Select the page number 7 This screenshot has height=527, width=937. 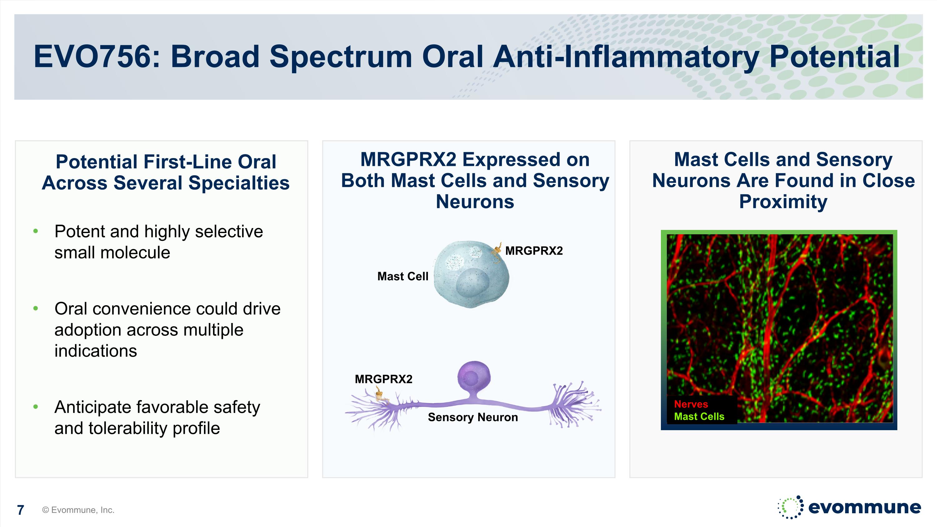pyautogui.click(x=21, y=510)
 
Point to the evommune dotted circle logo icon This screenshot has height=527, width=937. pyautogui.click(x=790, y=507)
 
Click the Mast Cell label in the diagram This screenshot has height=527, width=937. pyautogui.click(x=403, y=276)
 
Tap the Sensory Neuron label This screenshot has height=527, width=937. pyautogui.click(x=473, y=417)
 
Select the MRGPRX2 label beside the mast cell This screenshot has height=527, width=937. pyautogui.click(x=533, y=251)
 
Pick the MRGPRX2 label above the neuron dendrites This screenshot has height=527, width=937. pyautogui.click(x=383, y=379)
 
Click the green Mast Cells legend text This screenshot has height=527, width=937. pyautogui.click(x=699, y=416)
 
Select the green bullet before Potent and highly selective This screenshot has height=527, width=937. pyautogui.click(x=36, y=231)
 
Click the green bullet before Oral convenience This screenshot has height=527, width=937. pyautogui.click(x=36, y=309)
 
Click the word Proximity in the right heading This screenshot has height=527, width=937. pyautogui.click(x=783, y=201)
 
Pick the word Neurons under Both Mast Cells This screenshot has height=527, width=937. pyautogui.click(x=475, y=201)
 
